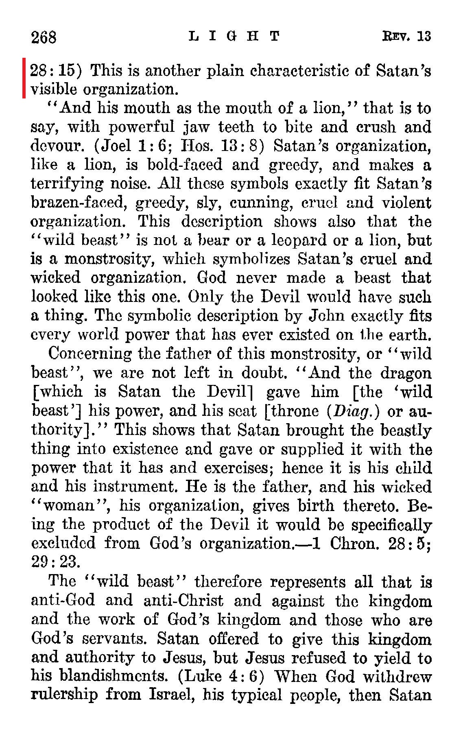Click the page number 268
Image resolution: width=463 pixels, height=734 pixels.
point(44,37)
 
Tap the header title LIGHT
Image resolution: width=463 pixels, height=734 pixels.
point(235,37)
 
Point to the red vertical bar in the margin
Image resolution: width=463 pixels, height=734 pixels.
point(24,78)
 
